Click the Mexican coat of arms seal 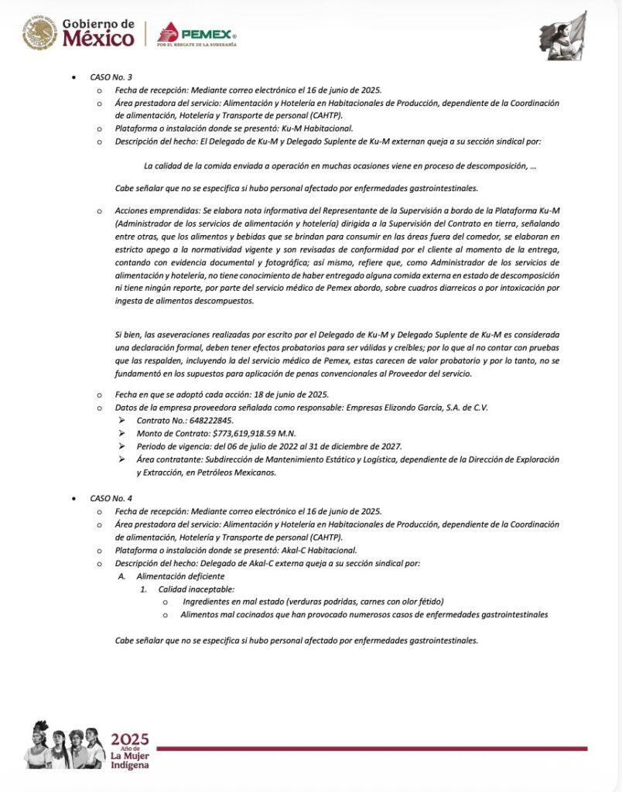point(39,34)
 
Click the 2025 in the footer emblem point(129,738)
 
